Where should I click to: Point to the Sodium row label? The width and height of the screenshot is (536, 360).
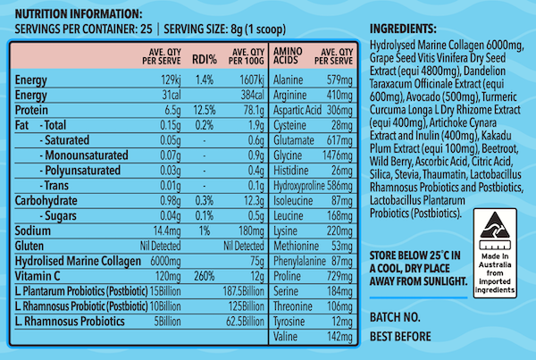[32, 230]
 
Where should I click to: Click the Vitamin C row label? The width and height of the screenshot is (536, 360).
[38, 276]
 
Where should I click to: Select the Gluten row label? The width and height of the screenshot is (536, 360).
[31, 246]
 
